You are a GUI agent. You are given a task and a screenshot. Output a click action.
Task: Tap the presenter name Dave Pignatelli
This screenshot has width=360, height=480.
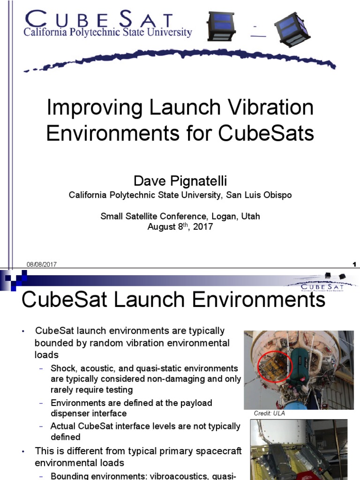click(x=180, y=180)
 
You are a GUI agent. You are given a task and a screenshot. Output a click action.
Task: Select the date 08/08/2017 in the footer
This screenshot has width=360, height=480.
click(x=42, y=264)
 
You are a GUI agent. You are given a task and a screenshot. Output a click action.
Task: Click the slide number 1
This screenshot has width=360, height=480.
click(x=354, y=264)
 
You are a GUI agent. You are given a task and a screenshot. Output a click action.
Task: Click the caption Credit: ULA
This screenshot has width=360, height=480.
click(x=269, y=413)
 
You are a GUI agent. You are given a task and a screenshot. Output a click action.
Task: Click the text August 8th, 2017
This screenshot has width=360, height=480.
click(x=180, y=227)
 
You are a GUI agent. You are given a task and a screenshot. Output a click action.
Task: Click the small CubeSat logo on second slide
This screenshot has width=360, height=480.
click(x=323, y=283)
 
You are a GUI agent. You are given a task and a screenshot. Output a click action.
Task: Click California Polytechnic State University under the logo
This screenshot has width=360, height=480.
click(x=108, y=33)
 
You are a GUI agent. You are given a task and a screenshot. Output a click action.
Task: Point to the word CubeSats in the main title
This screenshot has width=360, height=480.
click(x=266, y=134)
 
